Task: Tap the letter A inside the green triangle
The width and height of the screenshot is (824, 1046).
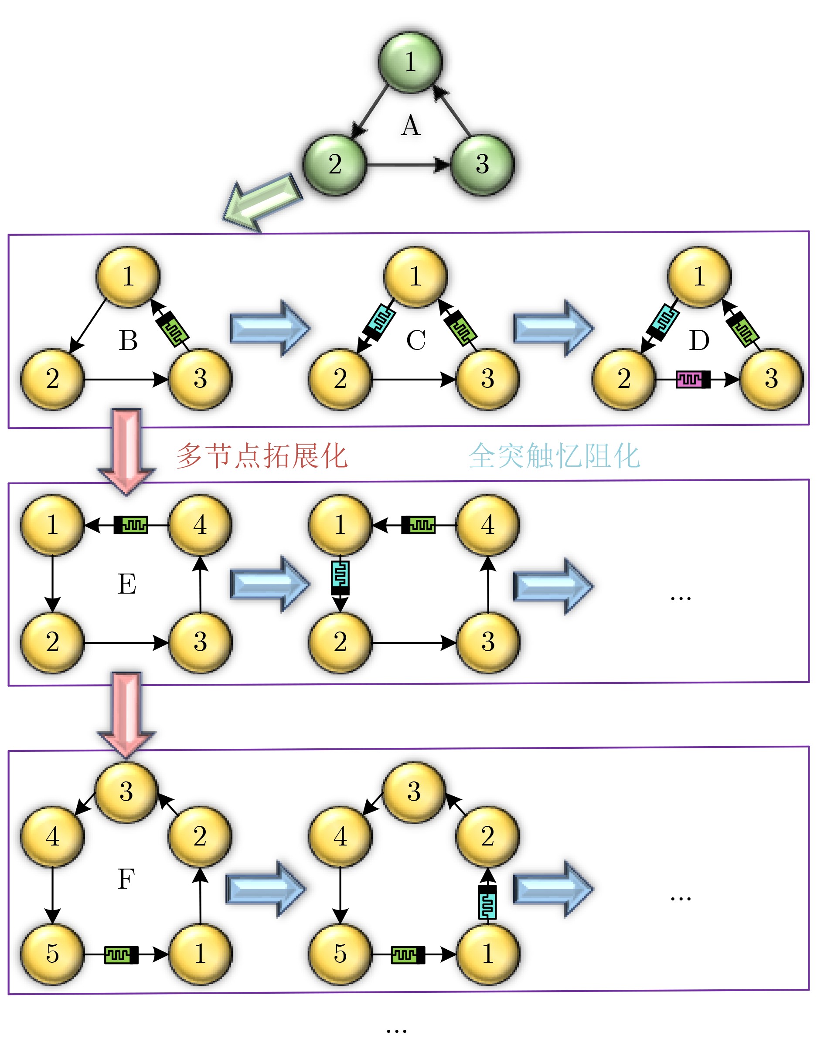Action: click(411, 126)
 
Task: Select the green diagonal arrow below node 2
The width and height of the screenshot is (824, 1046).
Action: click(262, 202)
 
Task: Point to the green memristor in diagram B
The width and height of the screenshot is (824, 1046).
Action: click(173, 329)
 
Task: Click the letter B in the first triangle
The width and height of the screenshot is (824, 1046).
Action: click(128, 340)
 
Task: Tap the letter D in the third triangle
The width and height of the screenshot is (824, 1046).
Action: click(699, 340)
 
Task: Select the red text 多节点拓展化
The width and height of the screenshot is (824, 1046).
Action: click(262, 456)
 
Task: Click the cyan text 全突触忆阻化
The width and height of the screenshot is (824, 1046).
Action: click(554, 456)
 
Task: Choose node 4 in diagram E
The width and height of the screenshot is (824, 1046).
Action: click(200, 525)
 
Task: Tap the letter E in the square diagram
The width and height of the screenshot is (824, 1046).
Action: click(127, 584)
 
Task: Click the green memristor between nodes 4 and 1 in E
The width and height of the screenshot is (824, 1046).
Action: click(131, 525)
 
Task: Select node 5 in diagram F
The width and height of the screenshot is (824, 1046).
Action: click(53, 954)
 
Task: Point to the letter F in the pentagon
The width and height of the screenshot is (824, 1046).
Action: click(126, 879)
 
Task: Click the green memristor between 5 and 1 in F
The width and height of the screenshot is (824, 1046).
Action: click(121, 954)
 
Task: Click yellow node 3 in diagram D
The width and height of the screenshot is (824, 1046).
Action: click(771, 379)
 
